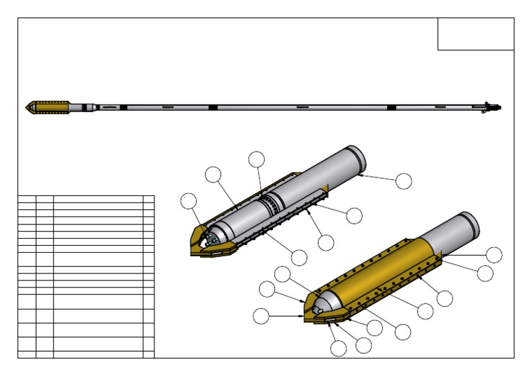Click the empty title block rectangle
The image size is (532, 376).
pos(475,34)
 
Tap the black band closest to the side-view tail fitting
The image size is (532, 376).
pos(391,107)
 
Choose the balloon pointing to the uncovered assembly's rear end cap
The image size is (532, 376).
pos(403,181)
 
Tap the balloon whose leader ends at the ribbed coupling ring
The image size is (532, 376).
pos(256,159)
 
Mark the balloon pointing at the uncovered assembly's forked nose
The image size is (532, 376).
pos(188,202)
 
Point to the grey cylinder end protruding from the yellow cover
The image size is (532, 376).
pos(457,232)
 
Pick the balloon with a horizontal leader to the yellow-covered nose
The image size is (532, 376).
pos(260,316)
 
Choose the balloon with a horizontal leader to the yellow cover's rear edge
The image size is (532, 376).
pos(494,254)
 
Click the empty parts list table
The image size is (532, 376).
pos(86,276)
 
